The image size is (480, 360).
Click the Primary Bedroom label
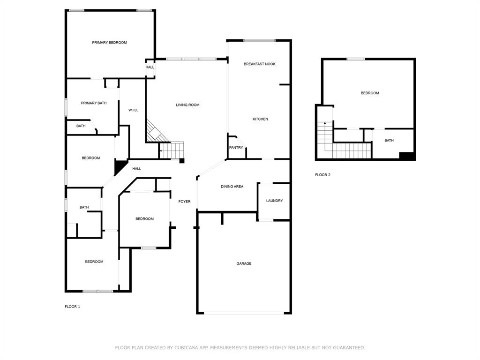point(109,43)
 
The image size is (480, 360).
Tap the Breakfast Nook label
point(259,64)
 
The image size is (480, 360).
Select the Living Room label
point(187,105)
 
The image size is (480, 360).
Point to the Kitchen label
point(260,119)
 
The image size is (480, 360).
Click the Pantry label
point(236,148)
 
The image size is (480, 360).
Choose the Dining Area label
point(232,187)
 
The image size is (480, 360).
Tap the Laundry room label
point(274,201)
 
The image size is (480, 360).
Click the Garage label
point(244,263)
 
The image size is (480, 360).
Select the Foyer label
point(184,202)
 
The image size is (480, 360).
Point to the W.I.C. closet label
point(133,110)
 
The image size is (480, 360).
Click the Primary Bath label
point(94,103)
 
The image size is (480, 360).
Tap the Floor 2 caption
point(322,175)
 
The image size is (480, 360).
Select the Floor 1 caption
point(72,307)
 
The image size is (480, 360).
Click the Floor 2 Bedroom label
point(370,93)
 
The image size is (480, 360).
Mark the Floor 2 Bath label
point(389,141)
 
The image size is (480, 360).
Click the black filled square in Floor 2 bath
point(407,156)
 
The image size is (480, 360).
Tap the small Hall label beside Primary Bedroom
point(150,67)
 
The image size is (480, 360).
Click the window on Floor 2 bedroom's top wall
point(356,59)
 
